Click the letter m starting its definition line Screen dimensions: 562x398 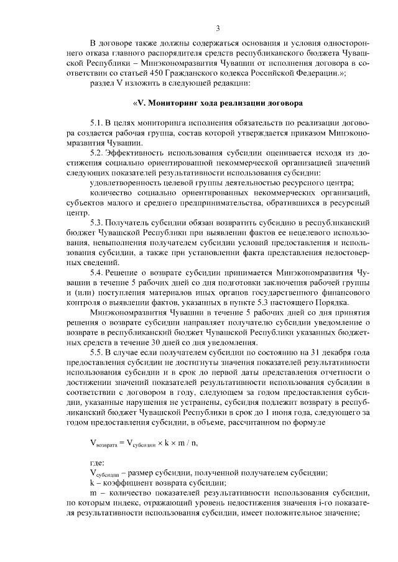[93, 491]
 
